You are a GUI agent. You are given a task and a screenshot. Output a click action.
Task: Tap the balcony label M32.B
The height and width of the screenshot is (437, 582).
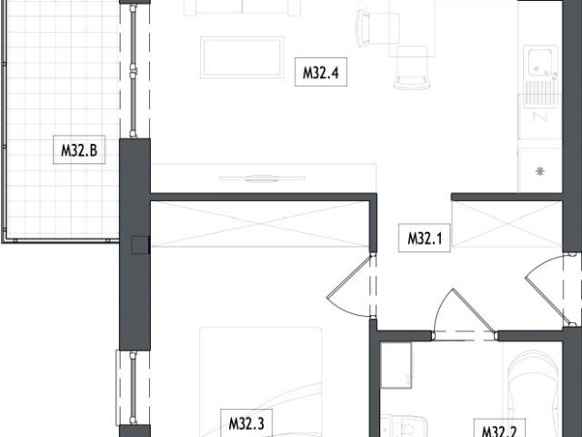tap(78, 151)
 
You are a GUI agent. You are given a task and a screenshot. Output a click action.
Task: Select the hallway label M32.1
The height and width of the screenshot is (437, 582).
tap(424, 239)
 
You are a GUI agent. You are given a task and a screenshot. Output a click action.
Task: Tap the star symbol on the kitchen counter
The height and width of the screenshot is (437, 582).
tap(540, 170)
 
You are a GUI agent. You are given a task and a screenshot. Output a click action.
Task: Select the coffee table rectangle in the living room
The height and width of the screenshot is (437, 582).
tap(242, 56)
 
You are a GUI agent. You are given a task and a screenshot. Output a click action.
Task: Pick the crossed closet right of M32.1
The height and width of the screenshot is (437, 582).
tap(506, 224)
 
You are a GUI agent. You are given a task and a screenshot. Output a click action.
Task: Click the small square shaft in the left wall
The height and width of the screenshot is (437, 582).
tap(138, 243)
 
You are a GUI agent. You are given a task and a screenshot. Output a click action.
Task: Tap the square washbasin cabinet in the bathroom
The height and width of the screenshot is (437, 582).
tap(396, 365)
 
